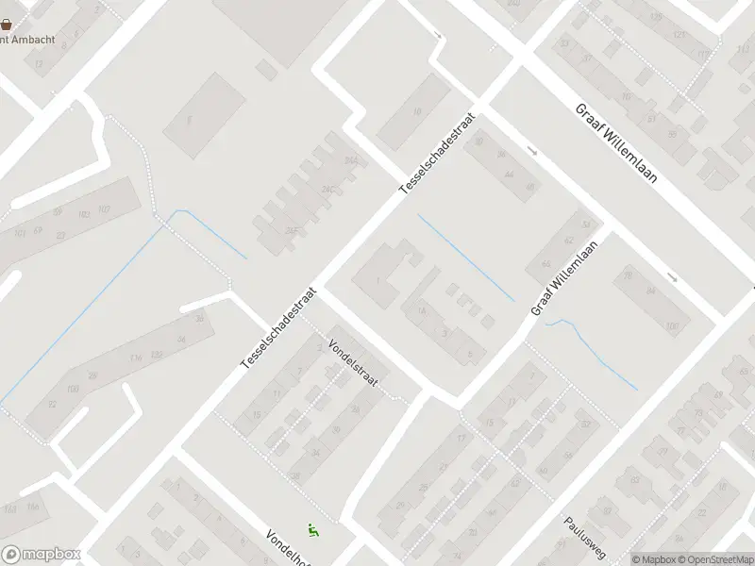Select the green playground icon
313,532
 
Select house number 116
135,358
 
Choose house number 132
157,354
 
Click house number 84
650,291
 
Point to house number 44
509,174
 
